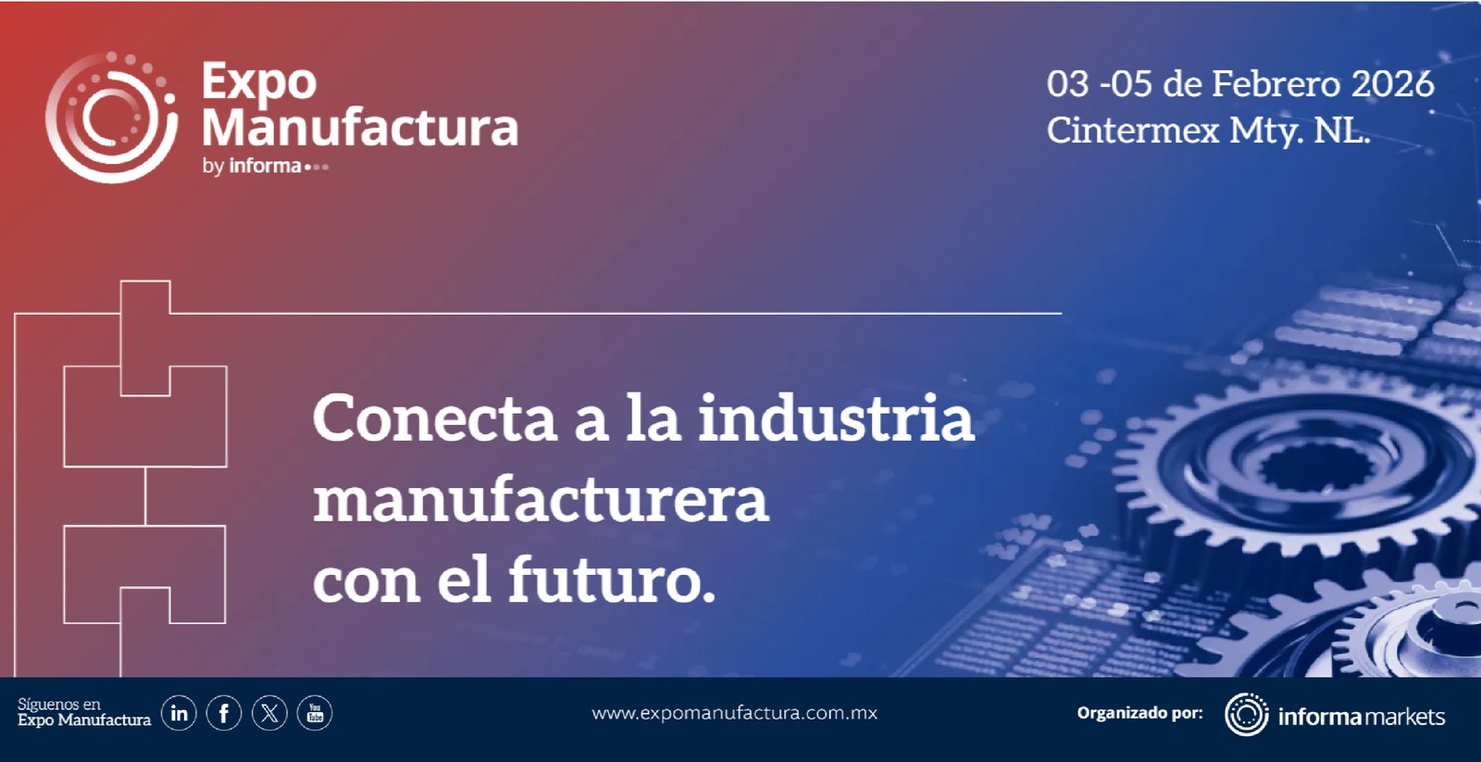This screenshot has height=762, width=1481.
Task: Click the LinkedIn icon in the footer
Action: (180, 713)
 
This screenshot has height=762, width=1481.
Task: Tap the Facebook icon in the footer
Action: (224, 713)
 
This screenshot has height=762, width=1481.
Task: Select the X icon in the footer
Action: (269, 713)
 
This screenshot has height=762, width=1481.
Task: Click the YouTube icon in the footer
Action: (315, 713)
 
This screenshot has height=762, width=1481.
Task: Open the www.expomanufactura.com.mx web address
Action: (735, 713)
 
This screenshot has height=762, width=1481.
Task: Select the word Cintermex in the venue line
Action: (1133, 130)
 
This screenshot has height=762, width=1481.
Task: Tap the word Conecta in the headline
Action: (434, 418)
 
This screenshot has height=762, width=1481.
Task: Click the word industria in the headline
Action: (836, 418)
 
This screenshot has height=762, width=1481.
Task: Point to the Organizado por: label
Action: (1139, 713)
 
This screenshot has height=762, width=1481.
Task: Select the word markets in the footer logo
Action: (1405, 717)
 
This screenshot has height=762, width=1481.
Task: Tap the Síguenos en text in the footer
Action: (59, 705)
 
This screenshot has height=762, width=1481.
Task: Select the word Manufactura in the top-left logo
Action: (360, 127)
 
